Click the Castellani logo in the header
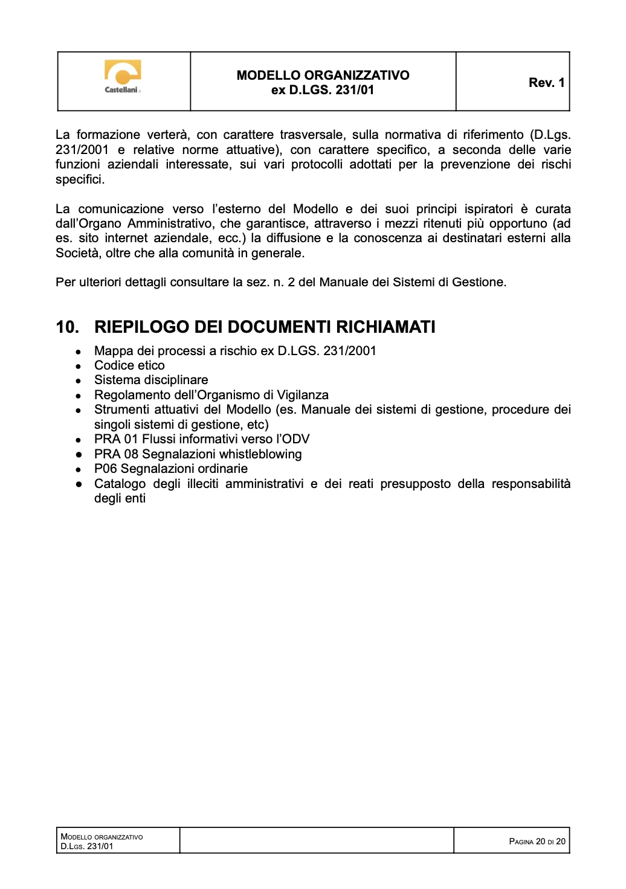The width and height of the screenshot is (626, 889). [x=123, y=77]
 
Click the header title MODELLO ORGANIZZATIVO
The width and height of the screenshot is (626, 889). [x=323, y=75]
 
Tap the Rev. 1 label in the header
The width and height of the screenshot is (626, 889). [x=546, y=83]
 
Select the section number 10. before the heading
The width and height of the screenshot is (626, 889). [x=68, y=327]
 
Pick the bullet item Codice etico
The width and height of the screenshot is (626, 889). [x=129, y=365]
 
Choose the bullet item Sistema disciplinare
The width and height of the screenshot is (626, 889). [x=151, y=380]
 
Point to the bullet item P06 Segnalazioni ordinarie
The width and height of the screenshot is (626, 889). [x=171, y=469]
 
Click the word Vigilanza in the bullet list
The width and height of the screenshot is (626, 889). [x=303, y=395]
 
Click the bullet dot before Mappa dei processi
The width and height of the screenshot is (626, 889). [x=79, y=351]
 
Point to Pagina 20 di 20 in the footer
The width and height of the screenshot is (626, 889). [x=537, y=841]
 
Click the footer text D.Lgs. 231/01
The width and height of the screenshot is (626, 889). [x=87, y=846]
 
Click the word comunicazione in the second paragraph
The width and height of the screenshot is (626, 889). [x=121, y=209]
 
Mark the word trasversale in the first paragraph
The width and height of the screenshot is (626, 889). [x=312, y=135]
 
